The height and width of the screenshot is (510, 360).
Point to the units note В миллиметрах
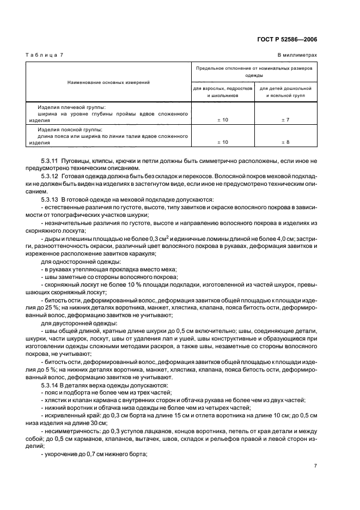297,56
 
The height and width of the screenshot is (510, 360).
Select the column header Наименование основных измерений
108,82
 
